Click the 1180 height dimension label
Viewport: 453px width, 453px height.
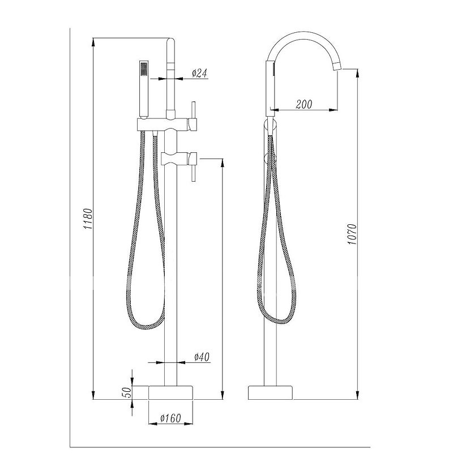pos(88,219)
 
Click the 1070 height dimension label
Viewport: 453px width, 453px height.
pos(352,234)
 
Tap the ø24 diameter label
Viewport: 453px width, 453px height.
pos(200,73)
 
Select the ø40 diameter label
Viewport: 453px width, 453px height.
pos(202,357)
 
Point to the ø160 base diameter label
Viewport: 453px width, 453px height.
pos(170,417)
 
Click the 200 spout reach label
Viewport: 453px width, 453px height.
pos(304,104)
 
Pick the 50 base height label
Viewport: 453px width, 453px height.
pos(127,392)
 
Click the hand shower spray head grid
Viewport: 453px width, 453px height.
pos(144,68)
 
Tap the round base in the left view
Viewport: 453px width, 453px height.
pos(170,392)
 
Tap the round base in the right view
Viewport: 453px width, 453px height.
pos(271,392)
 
